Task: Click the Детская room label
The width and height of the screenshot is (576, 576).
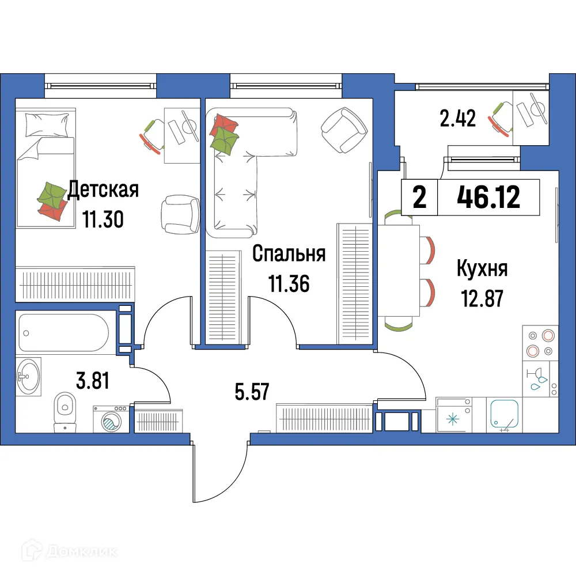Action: [103, 190]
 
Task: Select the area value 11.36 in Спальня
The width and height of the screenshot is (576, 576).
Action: [289, 283]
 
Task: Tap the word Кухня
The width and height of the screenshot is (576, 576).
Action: [482, 268]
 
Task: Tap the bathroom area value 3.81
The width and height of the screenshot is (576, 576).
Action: [93, 381]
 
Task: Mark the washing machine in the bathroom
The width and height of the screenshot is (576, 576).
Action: [111, 419]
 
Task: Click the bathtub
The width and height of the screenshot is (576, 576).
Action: [63, 333]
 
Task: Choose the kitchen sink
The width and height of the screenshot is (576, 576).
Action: [505, 415]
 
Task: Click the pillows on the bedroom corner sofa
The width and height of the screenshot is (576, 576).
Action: [225, 134]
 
